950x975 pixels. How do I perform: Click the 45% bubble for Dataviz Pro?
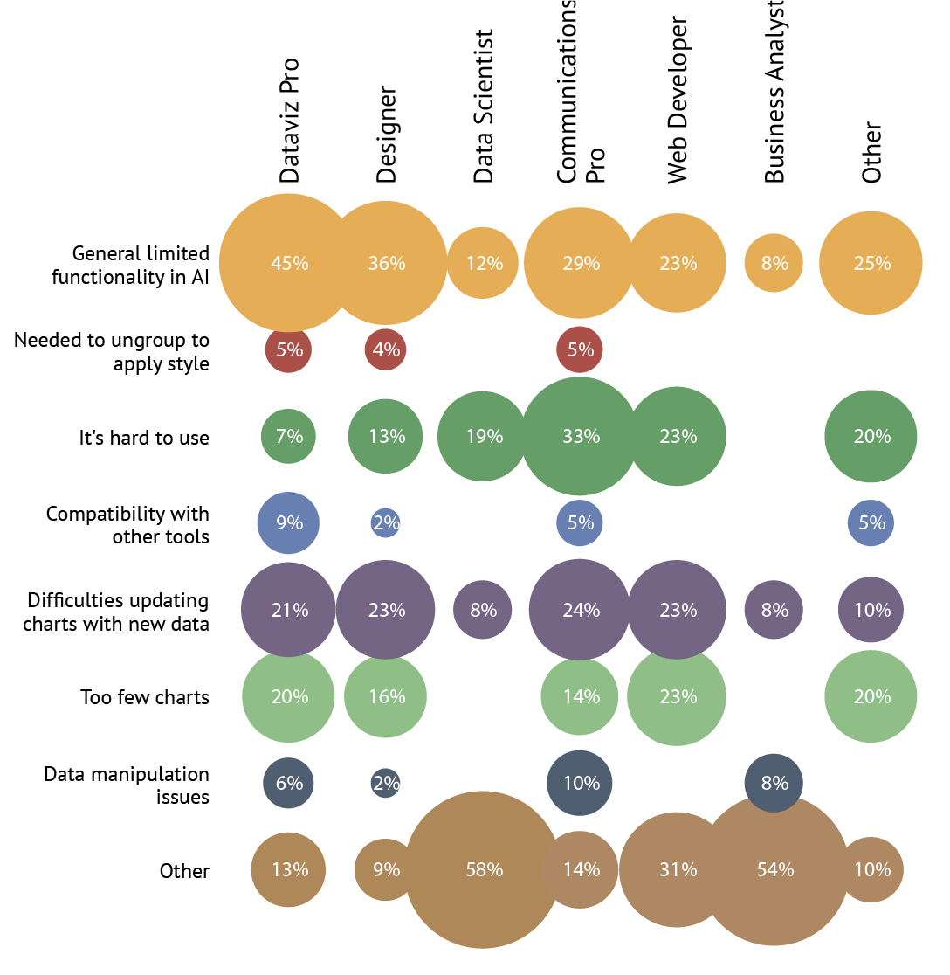tap(289, 263)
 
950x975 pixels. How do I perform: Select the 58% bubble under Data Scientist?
tap(483, 869)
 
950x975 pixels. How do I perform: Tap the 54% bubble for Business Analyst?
tap(774, 869)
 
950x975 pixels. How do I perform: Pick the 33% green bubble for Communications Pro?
tap(581, 436)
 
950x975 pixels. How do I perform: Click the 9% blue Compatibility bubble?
tap(289, 522)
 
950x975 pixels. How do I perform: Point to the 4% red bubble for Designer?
tap(386, 349)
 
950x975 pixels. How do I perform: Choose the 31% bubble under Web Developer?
tap(678, 869)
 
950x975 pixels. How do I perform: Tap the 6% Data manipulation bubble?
tap(289, 783)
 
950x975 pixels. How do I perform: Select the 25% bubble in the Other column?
tap(871, 263)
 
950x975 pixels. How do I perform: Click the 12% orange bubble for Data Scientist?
tap(483, 263)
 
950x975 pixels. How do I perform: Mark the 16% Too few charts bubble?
tap(386, 696)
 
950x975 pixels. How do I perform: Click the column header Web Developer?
tap(678, 100)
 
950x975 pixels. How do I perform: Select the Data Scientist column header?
tap(484, 107)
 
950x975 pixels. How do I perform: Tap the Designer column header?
tap(387, 135)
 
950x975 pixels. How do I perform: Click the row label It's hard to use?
tap(144, 437)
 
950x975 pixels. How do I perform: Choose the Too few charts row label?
tap(145, 697)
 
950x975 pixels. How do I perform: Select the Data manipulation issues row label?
tap(127, 785)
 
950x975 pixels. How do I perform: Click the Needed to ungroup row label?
tap(112, 351)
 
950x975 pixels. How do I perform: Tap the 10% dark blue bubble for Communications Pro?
tap(581, 783)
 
